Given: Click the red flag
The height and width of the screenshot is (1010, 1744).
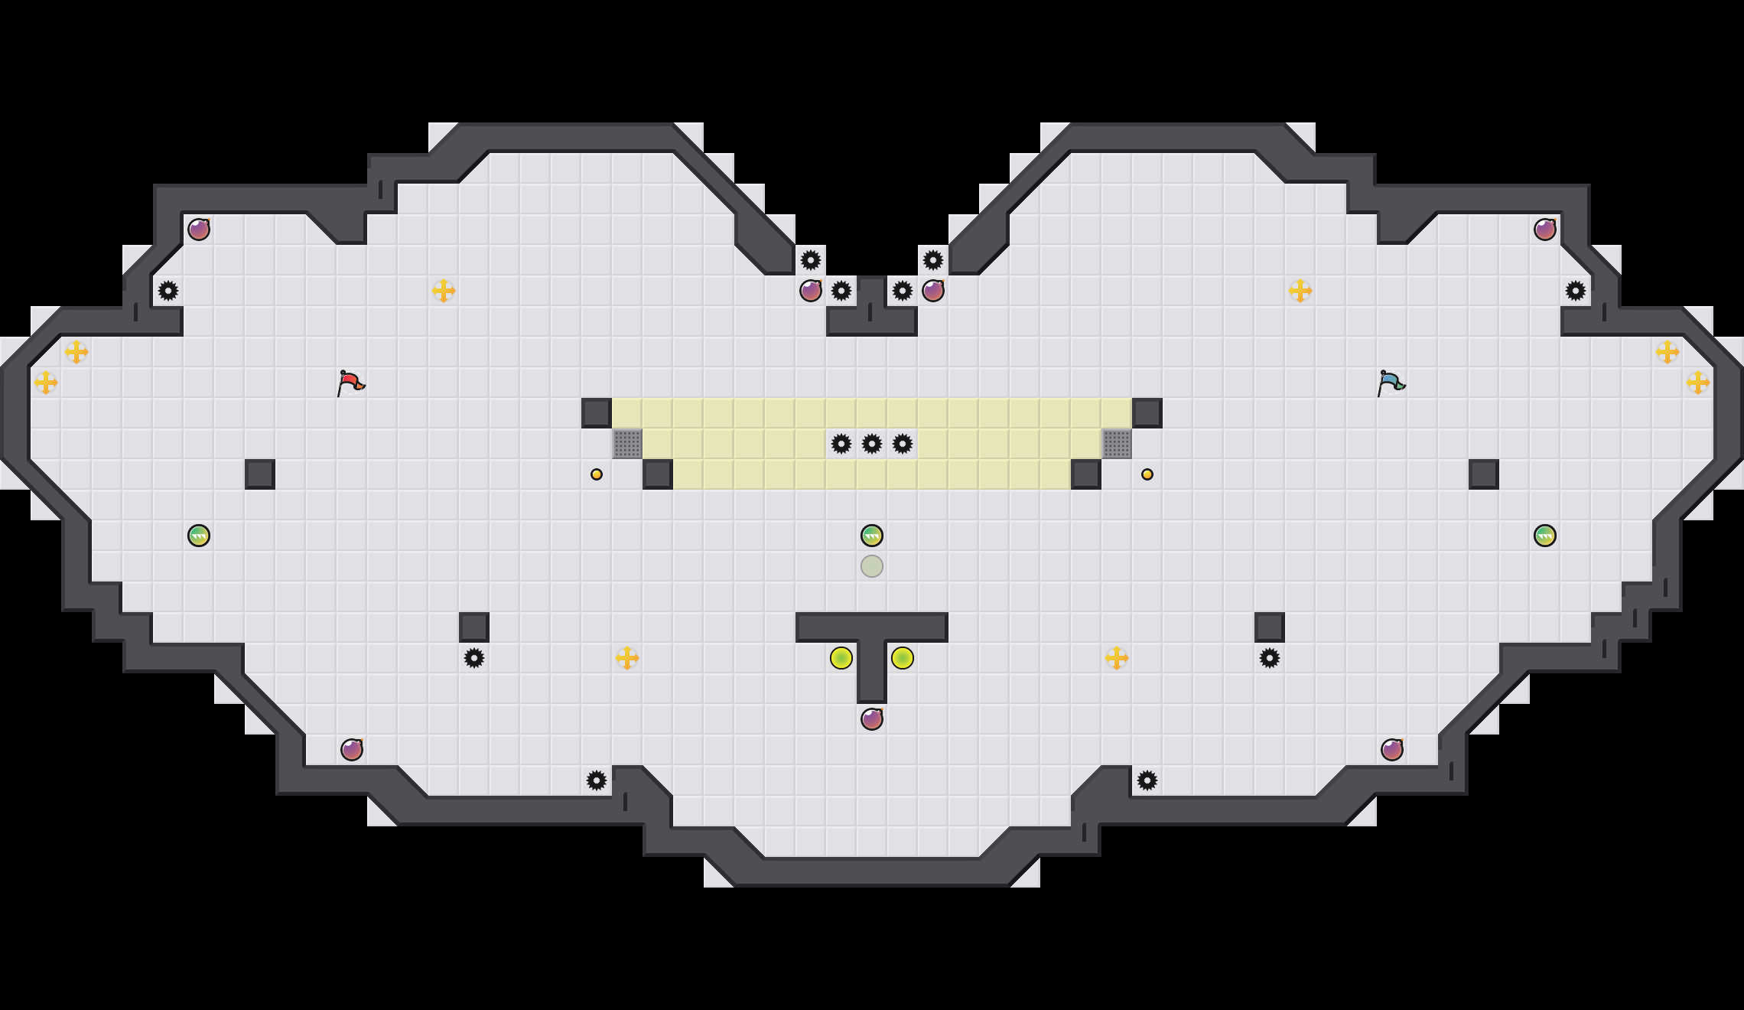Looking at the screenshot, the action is coord(350,383).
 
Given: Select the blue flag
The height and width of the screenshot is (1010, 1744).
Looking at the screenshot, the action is coord(1391,383).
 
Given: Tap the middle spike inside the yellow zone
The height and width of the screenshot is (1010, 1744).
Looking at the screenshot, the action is coord(872,444).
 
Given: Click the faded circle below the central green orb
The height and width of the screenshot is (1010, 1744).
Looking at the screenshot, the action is coord(872,566).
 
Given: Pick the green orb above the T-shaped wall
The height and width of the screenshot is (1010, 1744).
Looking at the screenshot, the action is coord(872,536).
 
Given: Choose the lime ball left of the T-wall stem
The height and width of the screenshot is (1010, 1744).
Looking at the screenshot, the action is coord(841,658).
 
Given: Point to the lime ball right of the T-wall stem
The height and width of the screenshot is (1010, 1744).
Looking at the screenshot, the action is coord(903,658).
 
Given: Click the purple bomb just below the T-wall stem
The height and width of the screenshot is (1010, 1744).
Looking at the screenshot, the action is coord(872,719).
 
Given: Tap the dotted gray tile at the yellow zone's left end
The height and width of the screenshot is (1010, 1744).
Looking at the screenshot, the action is coord(627,444).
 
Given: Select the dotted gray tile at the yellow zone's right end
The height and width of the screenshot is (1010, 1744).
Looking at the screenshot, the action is coord(1117,444).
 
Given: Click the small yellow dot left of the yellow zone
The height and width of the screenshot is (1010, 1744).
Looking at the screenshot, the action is coord(597,474).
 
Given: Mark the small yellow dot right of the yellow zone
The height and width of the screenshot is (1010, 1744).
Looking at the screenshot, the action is coord(1147,474).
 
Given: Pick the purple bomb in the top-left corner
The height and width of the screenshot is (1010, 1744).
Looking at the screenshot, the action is coord(199,230).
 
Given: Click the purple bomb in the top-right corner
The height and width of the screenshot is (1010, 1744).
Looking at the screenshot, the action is coord(1545,230).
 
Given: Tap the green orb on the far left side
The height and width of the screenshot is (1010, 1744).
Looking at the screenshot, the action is coord(199,536).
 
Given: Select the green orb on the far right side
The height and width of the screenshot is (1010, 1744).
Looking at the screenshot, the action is coord(1545,536).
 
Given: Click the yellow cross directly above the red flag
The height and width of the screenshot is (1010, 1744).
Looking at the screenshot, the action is coord(444,291).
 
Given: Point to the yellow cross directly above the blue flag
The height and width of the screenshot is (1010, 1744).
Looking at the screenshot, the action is coord(1300,291).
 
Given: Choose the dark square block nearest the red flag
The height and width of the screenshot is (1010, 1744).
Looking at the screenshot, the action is coord(260,474).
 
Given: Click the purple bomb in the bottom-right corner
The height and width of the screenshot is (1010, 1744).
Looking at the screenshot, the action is coord(1392,750).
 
